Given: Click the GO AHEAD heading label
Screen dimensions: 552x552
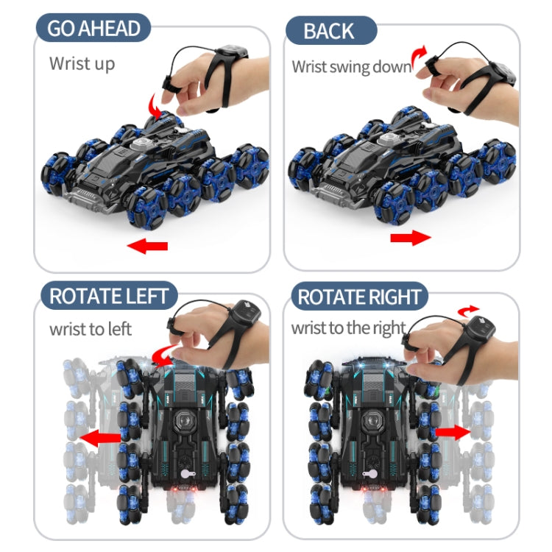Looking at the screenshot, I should click(x=93, y=29).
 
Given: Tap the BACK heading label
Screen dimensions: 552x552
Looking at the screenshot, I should click(x=329, y=31).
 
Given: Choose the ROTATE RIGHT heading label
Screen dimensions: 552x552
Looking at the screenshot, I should click(x=360, y=297).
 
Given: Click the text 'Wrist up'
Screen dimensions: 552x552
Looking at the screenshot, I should click(x=82, y=63).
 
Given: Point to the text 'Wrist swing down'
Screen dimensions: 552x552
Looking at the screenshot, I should click(x=350, y=67).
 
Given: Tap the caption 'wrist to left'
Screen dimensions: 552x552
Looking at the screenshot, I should click(x=91, y=328).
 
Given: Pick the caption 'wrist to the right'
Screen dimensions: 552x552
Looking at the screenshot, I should click(x=348, y=328).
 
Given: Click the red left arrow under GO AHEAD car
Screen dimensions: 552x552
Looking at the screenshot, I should click(x=148, y=246).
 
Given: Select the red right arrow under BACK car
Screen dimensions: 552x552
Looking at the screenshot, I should click(x=410, y=237).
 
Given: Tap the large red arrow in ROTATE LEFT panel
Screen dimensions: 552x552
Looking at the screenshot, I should click(x=101, y=439).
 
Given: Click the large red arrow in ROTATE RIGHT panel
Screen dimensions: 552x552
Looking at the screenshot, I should click(x=451, y=432).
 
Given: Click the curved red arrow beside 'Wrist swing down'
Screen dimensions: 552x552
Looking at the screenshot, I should click(x=419, y=54).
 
